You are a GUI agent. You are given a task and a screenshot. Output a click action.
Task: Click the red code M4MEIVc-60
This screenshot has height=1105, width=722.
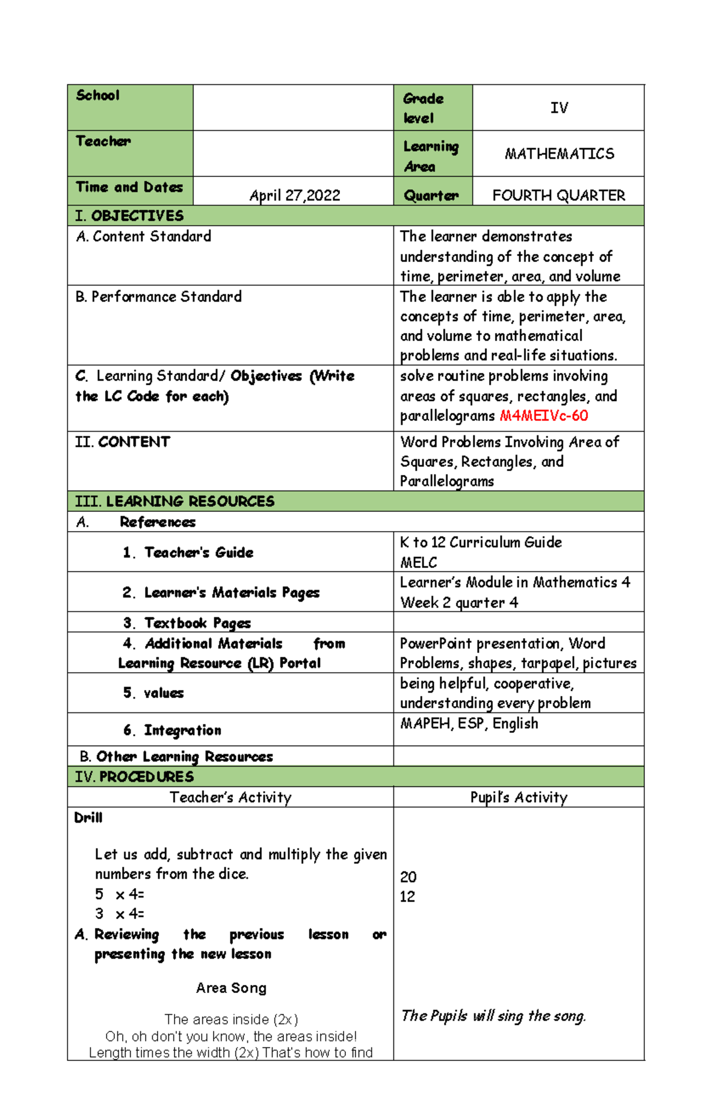click(543, 416)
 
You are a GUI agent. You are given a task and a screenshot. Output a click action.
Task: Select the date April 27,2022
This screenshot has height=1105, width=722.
click(295, 195)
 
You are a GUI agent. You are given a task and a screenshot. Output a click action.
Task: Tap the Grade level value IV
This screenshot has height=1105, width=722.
click(559, 108)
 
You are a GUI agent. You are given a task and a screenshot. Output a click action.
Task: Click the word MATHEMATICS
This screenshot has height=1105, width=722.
click(559, 154)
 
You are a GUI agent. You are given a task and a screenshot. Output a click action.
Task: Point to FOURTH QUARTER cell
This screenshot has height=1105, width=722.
click(558, 195)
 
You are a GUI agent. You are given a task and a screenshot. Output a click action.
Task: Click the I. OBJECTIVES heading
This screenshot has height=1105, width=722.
click(129, 216)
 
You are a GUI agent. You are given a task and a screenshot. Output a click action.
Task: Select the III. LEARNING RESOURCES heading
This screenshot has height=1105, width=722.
click(174, 501)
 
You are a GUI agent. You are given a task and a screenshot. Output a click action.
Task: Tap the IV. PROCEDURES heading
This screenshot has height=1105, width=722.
click(134, 776)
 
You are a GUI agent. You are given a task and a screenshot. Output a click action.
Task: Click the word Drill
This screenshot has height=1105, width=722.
click(88, 818)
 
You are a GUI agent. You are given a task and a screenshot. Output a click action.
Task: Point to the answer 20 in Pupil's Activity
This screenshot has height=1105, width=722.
click(408, 877)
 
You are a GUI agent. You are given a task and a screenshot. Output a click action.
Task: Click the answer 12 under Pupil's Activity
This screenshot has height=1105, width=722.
click(407, 897)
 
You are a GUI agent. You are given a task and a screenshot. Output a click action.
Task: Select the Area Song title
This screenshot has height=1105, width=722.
click(231, 988)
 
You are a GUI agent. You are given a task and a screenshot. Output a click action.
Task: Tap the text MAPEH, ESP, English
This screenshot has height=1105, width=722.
click(469, 723)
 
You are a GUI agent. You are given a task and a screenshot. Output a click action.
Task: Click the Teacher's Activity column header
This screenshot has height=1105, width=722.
click(230, 797)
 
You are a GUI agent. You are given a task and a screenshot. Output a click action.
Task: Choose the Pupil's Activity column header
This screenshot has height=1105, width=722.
click(519, 797)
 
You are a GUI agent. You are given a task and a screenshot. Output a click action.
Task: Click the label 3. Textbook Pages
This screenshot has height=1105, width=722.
click(187, 623)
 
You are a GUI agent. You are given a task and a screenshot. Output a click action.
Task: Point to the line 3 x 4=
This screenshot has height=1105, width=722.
click(119, 914)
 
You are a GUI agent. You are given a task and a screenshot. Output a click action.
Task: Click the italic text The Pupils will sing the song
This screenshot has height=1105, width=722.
click(493, 1016)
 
